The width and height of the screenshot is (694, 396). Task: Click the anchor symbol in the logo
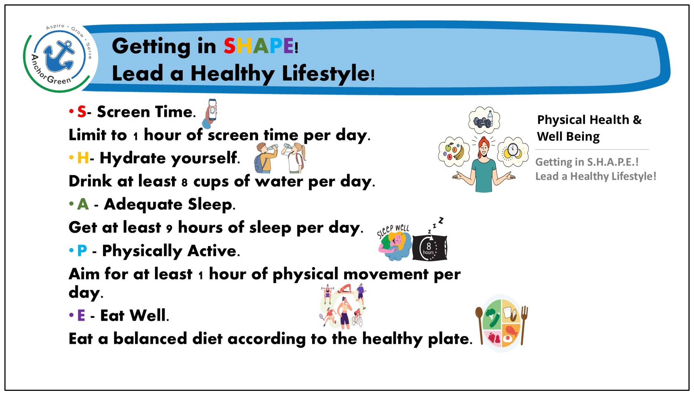[59, 56]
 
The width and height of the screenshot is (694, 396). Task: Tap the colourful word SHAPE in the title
[258, 46]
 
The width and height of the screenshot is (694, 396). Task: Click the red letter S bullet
[82, 112]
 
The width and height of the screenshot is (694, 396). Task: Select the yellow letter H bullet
[83, 158]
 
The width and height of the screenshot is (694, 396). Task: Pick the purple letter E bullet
[81, 316]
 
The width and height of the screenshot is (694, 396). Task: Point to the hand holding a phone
[210, 113]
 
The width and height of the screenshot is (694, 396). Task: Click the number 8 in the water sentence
[185, 182]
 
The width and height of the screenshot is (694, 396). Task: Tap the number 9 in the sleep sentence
[169, 228]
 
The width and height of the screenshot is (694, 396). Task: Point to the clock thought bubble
[513, 152]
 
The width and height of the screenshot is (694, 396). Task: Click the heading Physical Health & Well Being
[589, 128]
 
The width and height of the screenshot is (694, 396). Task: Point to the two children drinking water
[280, 157]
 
